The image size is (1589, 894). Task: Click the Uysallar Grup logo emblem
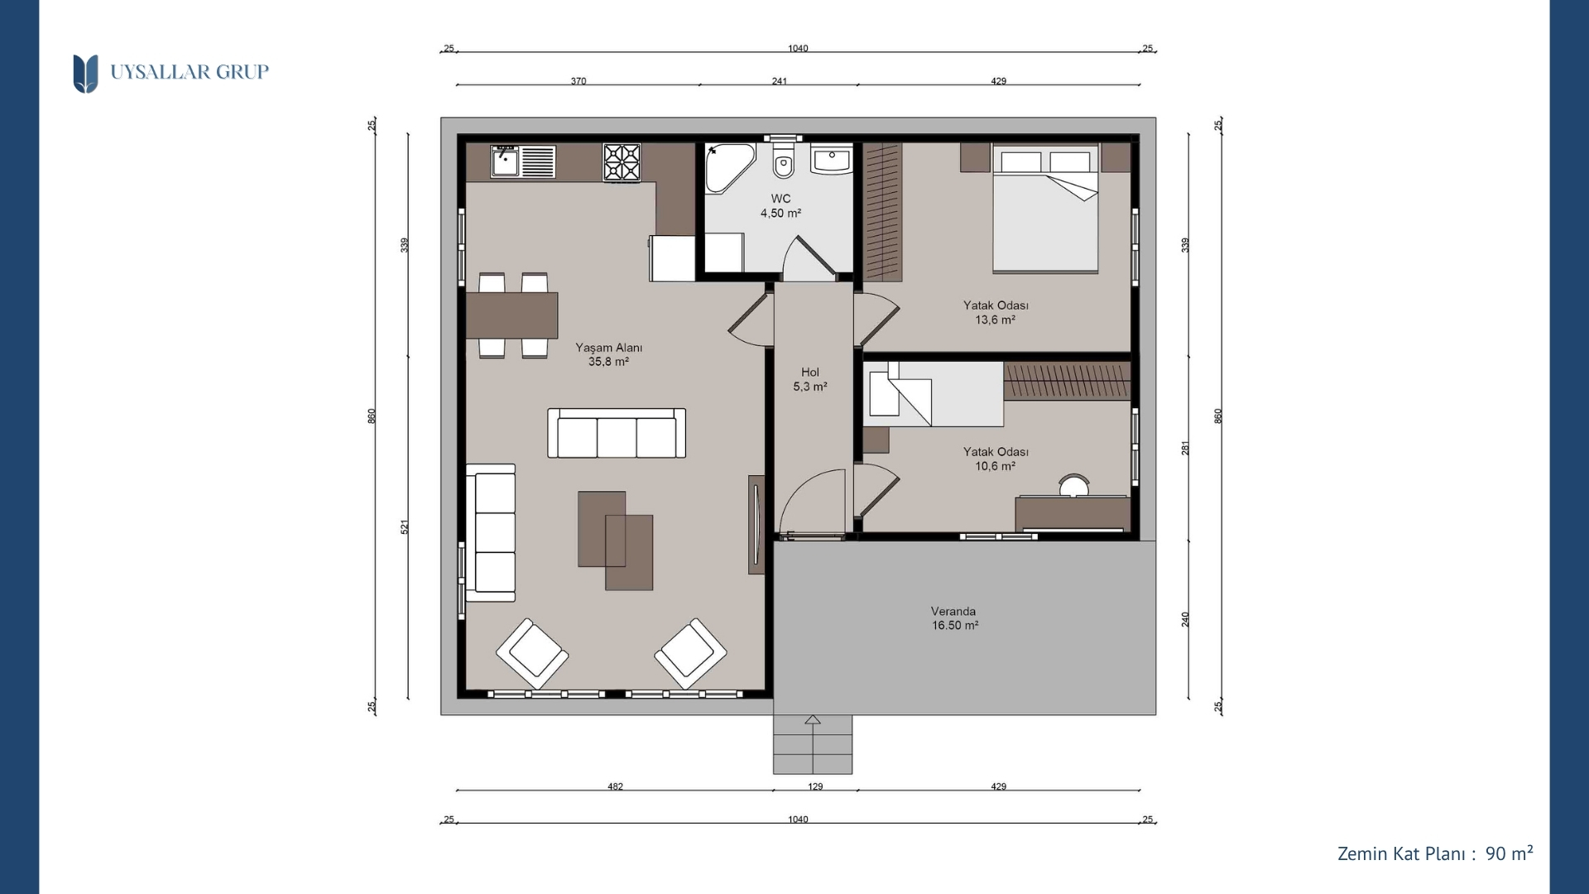[85, 74]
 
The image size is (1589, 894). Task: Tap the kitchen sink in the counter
[504, 161]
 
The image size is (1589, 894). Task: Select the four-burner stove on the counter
[622, 162]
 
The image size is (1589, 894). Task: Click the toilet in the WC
[783, 161]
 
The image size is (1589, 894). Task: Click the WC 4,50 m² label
[780, 206]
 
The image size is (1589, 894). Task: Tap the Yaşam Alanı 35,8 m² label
[609, 355]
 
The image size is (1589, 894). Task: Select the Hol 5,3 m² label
[810, 380]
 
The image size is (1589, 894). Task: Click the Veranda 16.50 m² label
[954, 618]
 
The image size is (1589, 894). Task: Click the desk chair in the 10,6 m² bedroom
[1073, 485]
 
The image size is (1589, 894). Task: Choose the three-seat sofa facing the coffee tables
[617, 433]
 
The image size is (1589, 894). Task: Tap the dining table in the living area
[511, 315]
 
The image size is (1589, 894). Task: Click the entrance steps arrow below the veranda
[813, 720]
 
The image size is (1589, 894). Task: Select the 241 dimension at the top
[780, 81]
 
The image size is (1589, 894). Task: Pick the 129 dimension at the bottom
[815, 786]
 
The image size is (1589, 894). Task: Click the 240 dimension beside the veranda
[1185, 619]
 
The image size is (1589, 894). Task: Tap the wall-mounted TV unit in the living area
[756, 525]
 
